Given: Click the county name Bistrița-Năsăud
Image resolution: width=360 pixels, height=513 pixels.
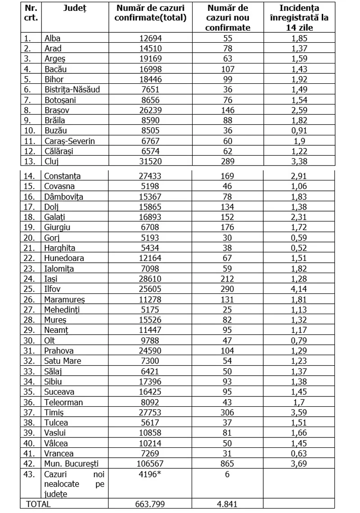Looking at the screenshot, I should click(72, 90).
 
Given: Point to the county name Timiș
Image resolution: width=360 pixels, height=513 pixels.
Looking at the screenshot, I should click(54, 413).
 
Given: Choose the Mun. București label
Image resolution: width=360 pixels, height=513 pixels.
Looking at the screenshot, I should click(71, 463).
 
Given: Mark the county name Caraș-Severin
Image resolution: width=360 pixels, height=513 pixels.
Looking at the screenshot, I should click(70, 141).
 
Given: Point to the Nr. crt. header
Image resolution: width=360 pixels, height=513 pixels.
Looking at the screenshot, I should click(31, 13).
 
